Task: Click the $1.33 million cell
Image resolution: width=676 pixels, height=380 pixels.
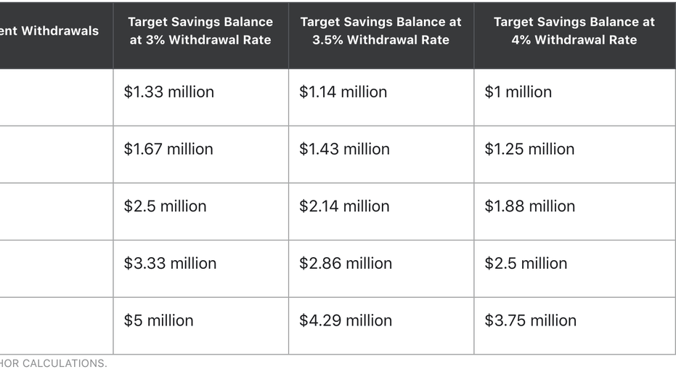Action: coord(168,92)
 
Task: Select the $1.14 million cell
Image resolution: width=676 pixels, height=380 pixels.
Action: coord(343,92)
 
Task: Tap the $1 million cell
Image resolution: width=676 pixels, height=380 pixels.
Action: coord(518,92)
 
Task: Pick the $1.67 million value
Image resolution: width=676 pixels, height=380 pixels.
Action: coord(168,149)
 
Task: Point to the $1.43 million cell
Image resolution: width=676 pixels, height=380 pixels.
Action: coord(344,149)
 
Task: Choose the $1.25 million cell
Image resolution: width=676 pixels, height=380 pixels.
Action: coord(529,149)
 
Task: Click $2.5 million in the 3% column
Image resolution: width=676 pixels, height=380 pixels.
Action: coord(165,206)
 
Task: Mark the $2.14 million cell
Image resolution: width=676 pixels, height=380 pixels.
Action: coord(344,206)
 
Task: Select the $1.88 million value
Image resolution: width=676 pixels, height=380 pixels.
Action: coord(529,206)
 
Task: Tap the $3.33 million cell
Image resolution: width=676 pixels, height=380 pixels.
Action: coord(170,263)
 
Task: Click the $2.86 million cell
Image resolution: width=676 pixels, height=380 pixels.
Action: coord(345,263)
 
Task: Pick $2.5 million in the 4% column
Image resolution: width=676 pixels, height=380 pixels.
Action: coord(526,263)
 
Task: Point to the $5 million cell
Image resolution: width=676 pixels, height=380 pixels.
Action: coord(158,320)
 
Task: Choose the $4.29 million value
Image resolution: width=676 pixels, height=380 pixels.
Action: coord(345,320)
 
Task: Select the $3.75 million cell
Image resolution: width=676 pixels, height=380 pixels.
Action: coord(530,320)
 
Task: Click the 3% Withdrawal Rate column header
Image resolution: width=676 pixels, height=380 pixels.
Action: coord(200,31)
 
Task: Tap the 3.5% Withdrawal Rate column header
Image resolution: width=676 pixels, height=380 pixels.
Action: coord(381,31)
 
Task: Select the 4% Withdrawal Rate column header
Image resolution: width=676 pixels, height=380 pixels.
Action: coord(574,31)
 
